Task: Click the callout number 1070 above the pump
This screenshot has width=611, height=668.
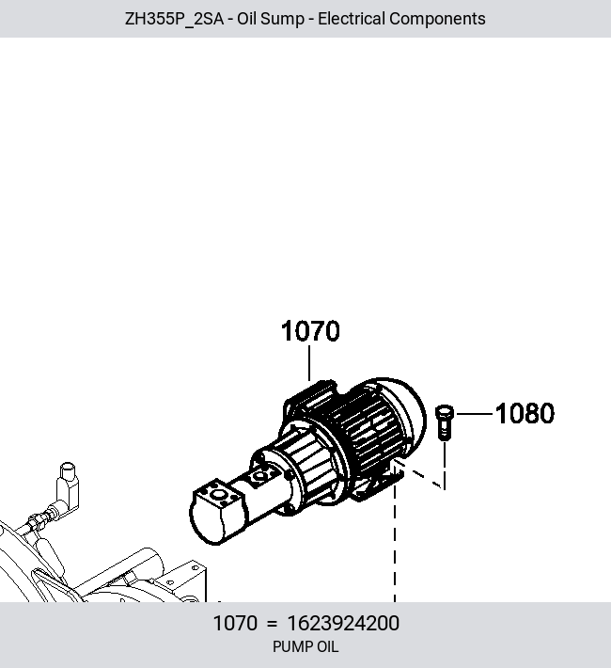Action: pos(310,331)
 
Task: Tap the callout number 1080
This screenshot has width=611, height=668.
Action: pos(525,413)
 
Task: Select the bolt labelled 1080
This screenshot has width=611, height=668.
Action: pos(444,422)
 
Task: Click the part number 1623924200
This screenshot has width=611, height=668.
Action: pos(343,623)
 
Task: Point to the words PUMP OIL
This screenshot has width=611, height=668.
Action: pos(305,646)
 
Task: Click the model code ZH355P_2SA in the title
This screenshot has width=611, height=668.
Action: pos(174,19)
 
